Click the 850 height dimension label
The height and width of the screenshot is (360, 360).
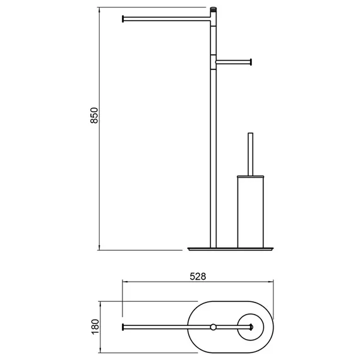click(x=94, y=115)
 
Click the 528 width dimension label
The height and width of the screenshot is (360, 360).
click(x=198, y=277)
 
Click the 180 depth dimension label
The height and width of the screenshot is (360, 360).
click(x=95, y=327)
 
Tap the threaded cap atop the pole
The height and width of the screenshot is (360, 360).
click(x=213, y=9)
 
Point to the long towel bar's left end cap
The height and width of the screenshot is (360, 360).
click(x=123, y=19)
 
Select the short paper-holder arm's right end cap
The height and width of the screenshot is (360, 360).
click(x=251, y=62)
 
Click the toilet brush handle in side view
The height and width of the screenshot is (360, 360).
click(x=251, y=154)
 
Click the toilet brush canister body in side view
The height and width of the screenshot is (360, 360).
click(x=251, y=213)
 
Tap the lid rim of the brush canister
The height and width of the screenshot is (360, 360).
click(x=251, y=177)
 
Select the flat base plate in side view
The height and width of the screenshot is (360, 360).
click(x=231, y=249)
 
